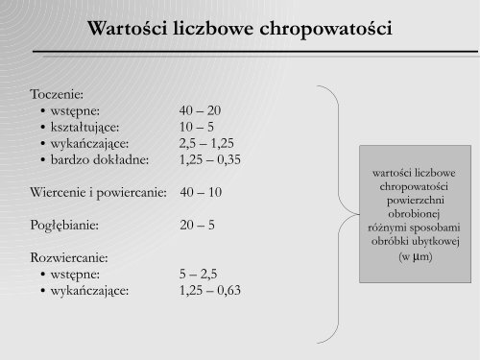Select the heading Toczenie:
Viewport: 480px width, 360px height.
tap(59, 96)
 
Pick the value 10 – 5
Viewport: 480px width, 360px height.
tap(195, 127)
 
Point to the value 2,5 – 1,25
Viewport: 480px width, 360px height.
tap(204, 143)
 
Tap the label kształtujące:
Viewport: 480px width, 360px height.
tap(92, 127)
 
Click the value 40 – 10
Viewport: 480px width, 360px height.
tap(201, 192)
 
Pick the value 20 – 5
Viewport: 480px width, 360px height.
tap(196, 226)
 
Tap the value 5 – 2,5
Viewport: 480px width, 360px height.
tap(199, 274)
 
